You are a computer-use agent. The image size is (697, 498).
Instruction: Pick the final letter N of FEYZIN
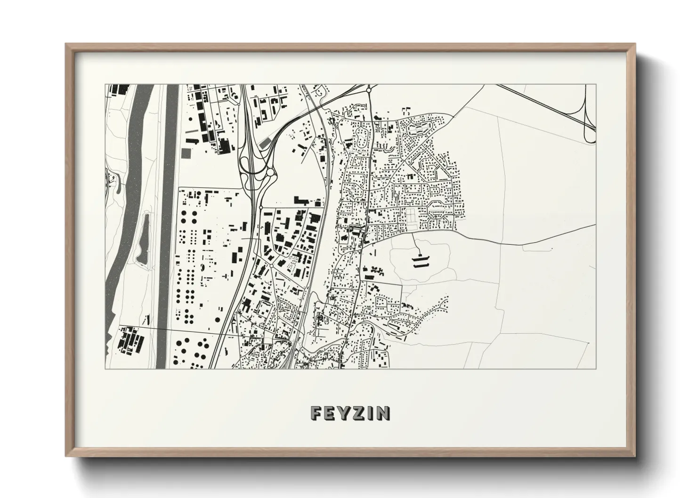[383, 413]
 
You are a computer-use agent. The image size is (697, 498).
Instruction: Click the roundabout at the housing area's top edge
[369, 88]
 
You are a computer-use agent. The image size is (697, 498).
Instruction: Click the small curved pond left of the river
[118, 185]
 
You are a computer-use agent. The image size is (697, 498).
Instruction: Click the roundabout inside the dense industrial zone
[271, 266]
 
